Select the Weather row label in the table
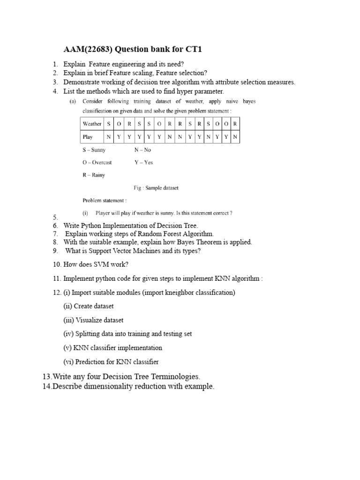[92, 124]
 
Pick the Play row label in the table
[88, 137]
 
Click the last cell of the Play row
[235, 137]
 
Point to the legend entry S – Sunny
[94, 150]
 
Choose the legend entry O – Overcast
[97, 162]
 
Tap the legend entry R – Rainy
[94, 175]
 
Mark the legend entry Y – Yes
[143, 162]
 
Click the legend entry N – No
[142, 150]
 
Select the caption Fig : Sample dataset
[156, 188]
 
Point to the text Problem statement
[101, 201]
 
